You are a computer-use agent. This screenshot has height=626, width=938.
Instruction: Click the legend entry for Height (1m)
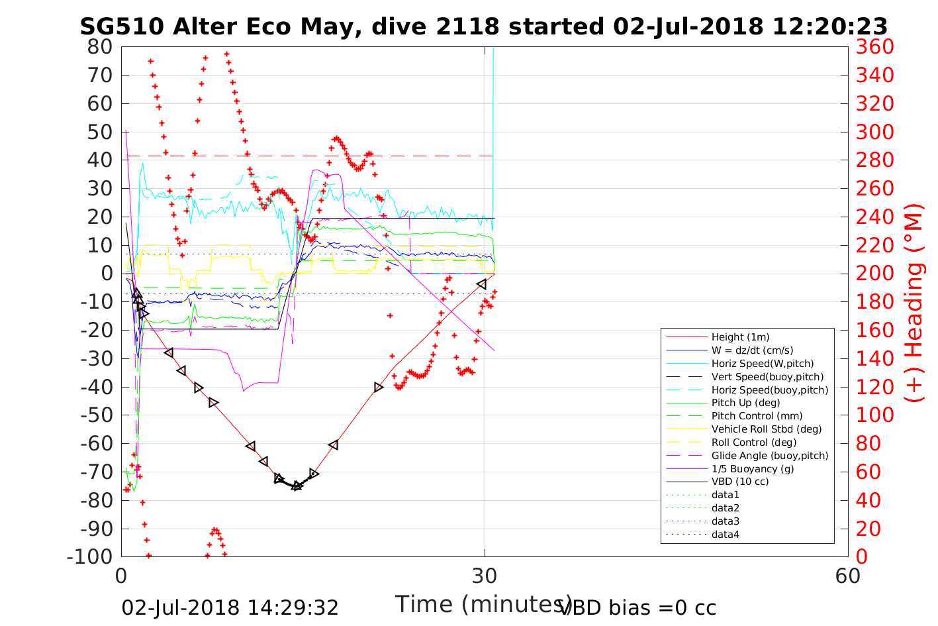(x=740, y=337)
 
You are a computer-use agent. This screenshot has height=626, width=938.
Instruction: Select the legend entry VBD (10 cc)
(x=740, y=482)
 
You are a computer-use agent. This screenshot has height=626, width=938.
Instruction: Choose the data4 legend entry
(x=725, y=534)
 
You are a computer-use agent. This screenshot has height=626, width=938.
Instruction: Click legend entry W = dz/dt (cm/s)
(x=752, y=350)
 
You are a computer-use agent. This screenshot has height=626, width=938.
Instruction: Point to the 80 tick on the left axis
(x=100, y=47)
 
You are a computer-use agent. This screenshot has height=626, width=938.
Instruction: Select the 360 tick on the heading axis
(x=874, y=47)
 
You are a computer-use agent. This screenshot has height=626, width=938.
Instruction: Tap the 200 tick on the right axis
(x=874, y=274)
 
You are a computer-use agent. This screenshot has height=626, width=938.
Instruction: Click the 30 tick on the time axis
(x=485, y=576)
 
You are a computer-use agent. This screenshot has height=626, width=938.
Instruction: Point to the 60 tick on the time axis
(x=847, y=576)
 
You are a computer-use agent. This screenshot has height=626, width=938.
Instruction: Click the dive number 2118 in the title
(x=468, y=26)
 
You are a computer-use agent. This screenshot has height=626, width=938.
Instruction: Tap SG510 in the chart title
(x=122, y=26)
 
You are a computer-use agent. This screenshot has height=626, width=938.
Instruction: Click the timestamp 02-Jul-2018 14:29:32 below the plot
(x=230, y=607)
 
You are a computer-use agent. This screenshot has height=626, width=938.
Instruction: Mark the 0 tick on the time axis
(x=122, y=576)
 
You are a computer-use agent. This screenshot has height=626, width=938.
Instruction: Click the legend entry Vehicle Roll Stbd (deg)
(x=767, y=429)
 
